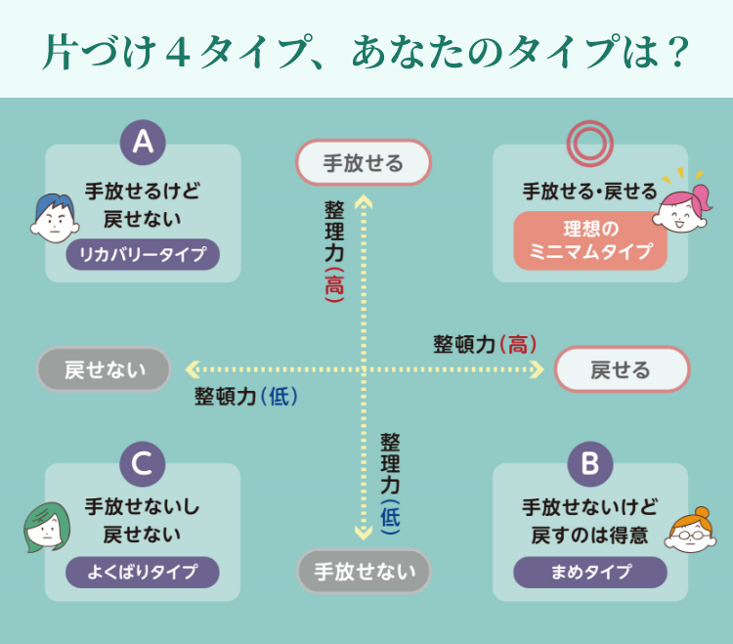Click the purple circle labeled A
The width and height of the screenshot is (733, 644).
tap(143, 144)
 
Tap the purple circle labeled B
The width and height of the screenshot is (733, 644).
tap(589, 463)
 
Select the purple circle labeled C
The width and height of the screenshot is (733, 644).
tap(143, 463)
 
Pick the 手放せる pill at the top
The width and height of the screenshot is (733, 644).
tap(364, 163)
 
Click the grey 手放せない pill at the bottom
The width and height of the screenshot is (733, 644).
tap(364, 571)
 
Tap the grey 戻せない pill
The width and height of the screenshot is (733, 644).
tap(104, 369)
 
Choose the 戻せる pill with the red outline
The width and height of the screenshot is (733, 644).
tap(622, 369)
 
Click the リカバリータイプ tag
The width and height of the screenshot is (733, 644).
tap(143, 256)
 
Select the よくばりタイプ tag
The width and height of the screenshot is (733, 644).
tap(143, 572)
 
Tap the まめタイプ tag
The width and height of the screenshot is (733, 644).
tap(589, 572)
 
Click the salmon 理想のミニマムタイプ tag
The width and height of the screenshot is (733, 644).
tap(589, 240)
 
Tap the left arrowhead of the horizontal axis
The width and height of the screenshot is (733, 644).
tap(192, 369)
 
